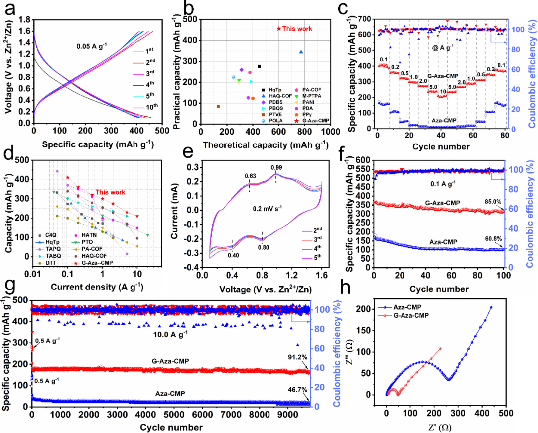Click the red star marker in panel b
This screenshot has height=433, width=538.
279,29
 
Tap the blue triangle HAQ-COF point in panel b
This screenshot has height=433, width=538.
301,52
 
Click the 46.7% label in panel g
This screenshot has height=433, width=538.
297,393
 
